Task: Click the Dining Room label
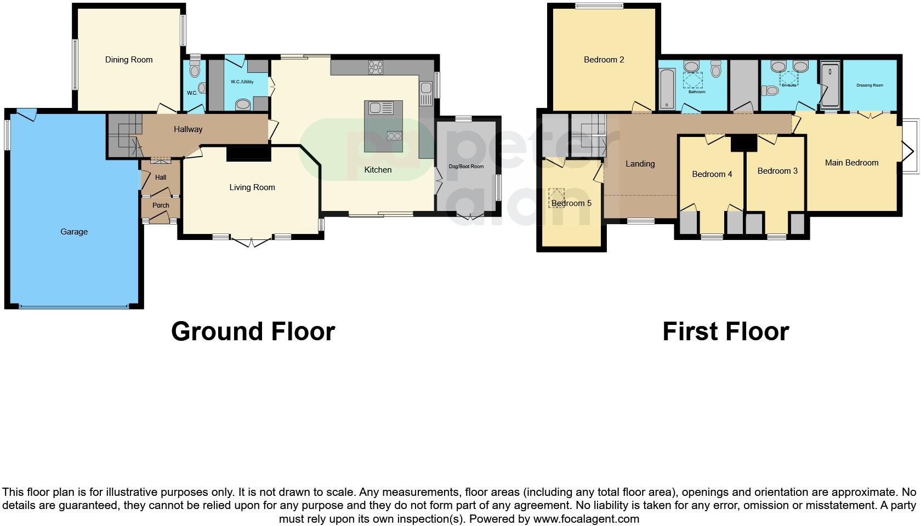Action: (x=129, y=60)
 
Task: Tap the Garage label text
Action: (x=74, y=232)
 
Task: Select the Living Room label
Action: (x=252, y=187)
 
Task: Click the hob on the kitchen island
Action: (x=394, y=136)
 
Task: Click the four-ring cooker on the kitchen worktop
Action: (x=376, y=67)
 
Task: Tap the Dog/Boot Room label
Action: (x=466, y=167)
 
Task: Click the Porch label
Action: (x=161, y=205)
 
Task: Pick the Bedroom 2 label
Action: (x=604, y=60)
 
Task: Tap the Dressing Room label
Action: (x=869, y=85)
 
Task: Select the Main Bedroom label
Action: (x=851, y=163)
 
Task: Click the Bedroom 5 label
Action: (x=571, y=203)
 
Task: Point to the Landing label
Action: (x=640, y=164)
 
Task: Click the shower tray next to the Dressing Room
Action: (x=831, y=85)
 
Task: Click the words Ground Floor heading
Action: (x=253, y=331)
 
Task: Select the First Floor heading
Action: (x=725, y=331)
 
